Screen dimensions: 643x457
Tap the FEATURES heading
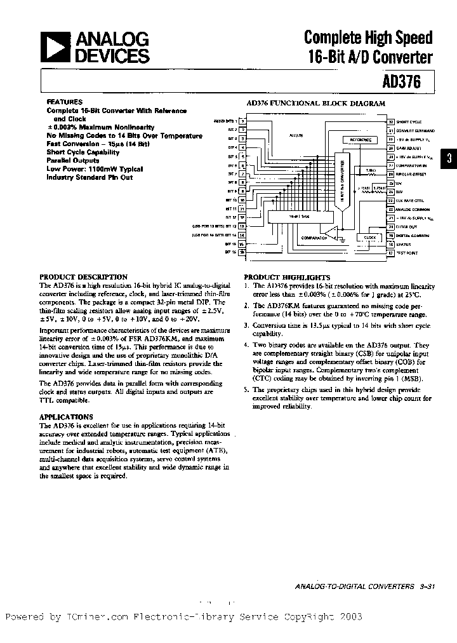64,102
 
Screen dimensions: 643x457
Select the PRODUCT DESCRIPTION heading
83,277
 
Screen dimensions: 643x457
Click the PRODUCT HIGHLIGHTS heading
287,278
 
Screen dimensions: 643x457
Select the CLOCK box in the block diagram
369,236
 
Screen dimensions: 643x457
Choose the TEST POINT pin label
407,253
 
